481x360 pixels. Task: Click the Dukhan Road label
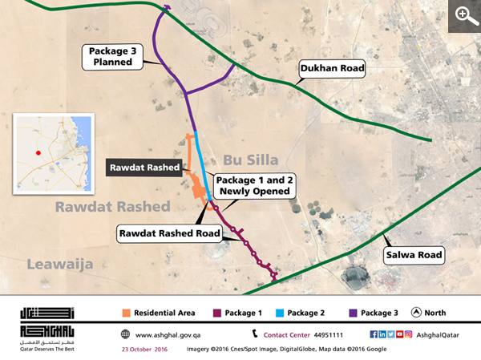[x=332, y=70]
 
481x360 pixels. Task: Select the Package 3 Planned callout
[x=116, y=56]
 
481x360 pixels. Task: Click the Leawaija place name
[x=60, y=265]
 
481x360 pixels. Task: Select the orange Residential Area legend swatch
[x=126, y=313]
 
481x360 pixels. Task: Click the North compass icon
[x=416, y=313]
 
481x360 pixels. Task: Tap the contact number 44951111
[x=329, y=334]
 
